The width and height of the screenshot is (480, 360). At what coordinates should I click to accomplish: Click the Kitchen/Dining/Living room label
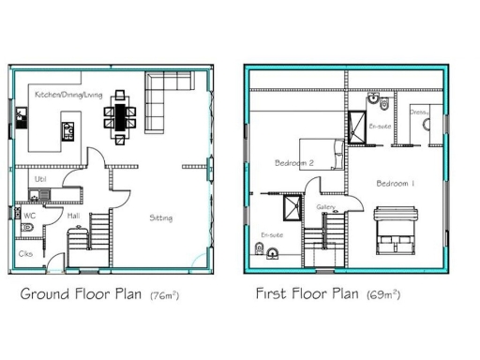point(67,95)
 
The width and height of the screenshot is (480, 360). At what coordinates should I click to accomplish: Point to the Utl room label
point(41,177)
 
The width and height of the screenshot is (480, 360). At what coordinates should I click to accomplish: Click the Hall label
point(73,216)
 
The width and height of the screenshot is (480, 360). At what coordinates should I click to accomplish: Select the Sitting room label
point(160,217)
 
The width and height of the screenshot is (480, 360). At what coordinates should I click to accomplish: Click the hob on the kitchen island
point(68,129)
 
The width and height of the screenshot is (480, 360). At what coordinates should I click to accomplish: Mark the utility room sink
point(36,195)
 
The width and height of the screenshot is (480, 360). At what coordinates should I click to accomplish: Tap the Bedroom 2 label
point(293,162)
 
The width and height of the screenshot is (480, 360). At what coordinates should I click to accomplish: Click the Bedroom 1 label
point(395,183)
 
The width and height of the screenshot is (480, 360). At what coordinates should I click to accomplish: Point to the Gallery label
point(325,206)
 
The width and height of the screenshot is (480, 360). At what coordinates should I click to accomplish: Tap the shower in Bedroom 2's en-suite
point(292,207)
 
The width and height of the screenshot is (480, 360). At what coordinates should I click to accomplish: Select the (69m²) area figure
point(382,295)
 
